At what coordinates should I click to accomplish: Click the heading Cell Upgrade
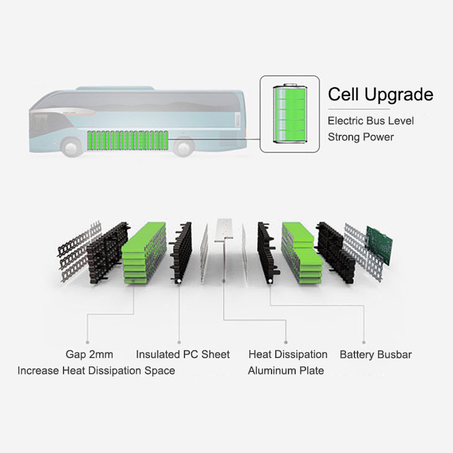381,95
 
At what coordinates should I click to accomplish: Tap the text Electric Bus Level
371,121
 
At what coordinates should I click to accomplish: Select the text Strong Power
361,137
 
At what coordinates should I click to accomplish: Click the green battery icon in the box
290,113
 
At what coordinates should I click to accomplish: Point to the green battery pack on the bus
128,140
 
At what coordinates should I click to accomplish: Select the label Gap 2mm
89,354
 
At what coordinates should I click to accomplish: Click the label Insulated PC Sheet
183,354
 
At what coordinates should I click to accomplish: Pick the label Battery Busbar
375,354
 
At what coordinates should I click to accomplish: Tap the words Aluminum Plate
286,370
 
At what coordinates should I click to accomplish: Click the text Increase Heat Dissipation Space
96,371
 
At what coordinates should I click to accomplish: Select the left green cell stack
144,253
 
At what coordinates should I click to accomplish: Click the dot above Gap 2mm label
88,343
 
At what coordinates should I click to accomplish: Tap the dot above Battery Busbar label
364,343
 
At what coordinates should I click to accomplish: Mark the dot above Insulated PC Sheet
179,343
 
